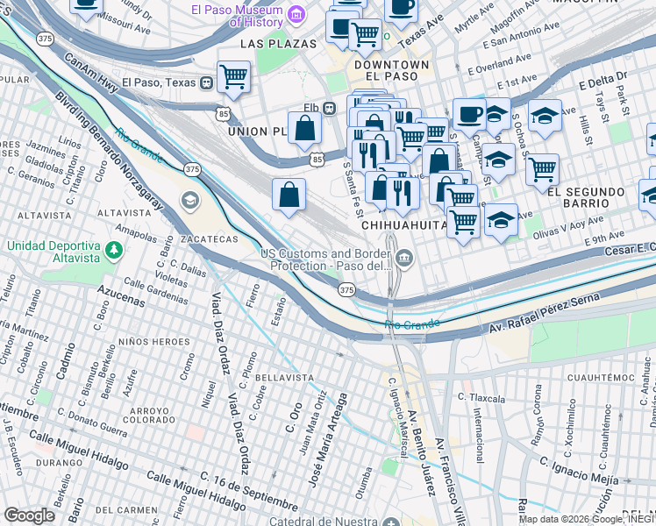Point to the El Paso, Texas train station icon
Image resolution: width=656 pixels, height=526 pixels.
pos(206,82)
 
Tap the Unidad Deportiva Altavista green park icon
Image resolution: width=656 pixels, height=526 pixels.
pos(113,252)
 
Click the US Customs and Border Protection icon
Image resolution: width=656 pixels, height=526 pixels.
pos(403,257)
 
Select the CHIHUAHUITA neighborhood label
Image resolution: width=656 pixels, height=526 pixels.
pos(403,225)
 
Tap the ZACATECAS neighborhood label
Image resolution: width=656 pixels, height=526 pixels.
pos(210,238)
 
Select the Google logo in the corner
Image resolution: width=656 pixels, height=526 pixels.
pos(29,515)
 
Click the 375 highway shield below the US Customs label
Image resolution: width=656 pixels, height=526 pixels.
pos(346,289)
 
